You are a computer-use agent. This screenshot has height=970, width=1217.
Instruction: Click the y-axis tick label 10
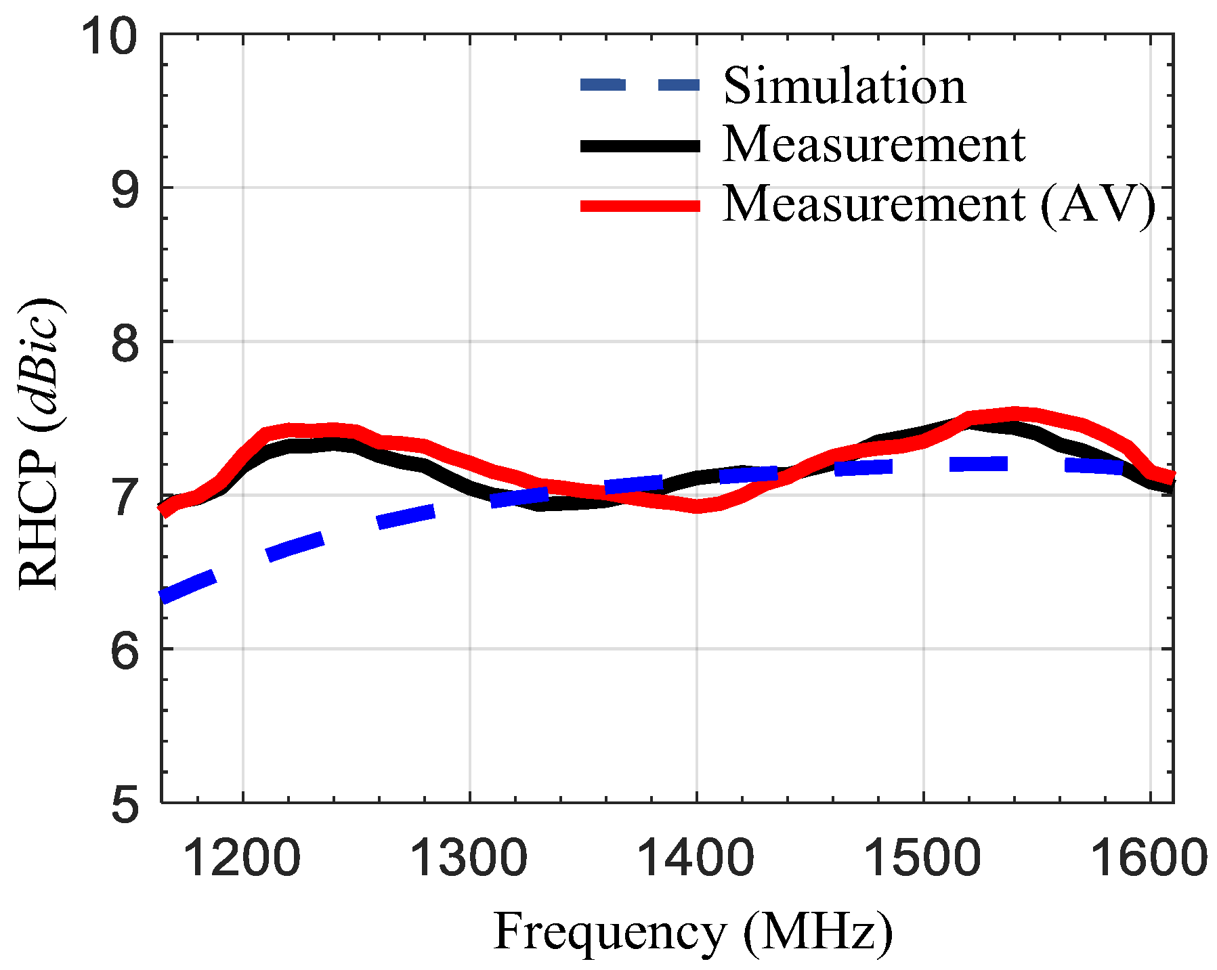coord(109,35)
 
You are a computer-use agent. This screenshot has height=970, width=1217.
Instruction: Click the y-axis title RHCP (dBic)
coord(41,443)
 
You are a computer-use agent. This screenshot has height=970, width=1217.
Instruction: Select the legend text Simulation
coord(845,86)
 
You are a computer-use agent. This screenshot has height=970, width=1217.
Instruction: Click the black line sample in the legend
coord(640,146)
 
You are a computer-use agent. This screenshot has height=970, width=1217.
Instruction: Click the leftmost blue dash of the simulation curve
coord(188,586)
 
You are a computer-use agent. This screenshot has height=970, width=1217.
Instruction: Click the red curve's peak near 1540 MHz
coord(1014,413)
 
